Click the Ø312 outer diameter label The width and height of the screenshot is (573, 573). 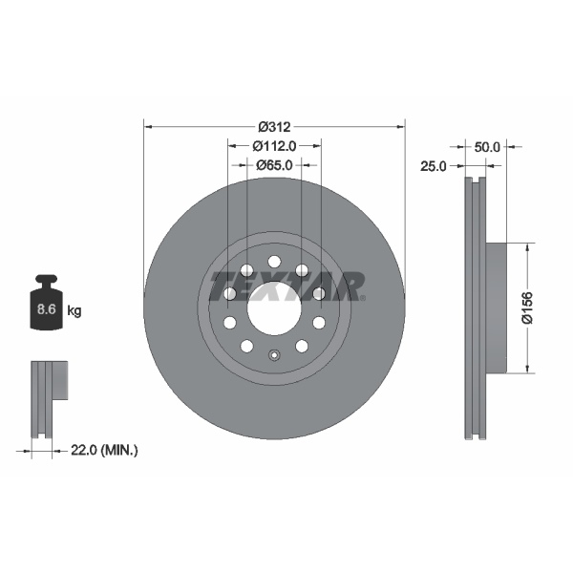[x=274, y=125]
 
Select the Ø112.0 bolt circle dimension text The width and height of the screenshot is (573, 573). [x=274, y=145]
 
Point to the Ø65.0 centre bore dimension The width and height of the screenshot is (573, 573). [x=274, y=165]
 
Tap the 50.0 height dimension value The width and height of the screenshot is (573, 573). [x=487, y=147]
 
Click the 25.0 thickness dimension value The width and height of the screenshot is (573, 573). [x=435, y=166]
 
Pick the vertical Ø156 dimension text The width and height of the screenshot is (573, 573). [x=526, y=308]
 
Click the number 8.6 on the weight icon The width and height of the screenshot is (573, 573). [x=45, y=310]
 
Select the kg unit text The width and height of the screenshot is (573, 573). [x=74, y=310]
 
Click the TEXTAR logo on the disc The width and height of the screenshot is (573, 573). [x=286, y=286]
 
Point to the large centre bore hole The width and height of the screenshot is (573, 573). [x=274, y=308]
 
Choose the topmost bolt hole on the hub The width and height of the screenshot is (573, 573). [x=274, y=262]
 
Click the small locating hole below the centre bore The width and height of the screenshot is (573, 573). [x=274, y=357]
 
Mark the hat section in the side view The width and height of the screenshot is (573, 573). [x=494, y=308]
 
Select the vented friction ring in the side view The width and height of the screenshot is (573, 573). [x=475, y=308]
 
